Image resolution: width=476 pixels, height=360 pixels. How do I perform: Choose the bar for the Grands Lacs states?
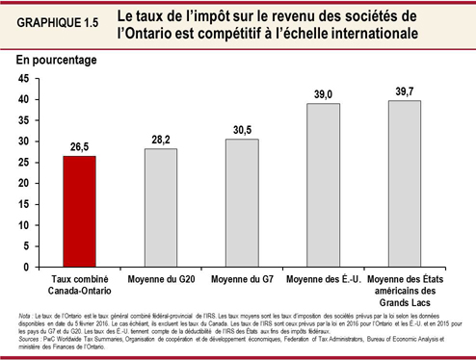pyautogui.click(x=405, y=182)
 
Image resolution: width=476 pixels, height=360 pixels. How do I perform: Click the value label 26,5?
pyautogui.click(x=82, y=148)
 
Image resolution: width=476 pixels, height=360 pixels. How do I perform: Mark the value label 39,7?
pyautogui.click(x=405, y=91)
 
